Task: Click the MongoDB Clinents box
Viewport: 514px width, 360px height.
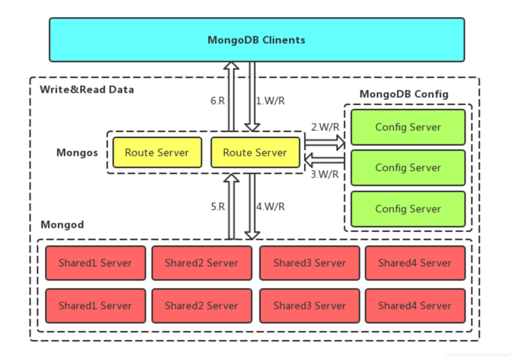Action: pos(256,40)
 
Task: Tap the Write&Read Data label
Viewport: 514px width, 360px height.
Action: pos(86,90)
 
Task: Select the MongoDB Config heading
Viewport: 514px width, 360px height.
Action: pos(404,94)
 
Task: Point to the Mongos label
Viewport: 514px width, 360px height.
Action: pos(77,153)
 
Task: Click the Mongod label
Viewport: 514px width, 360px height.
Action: pos(62,225)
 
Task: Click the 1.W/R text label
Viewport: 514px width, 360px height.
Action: pos(271,101)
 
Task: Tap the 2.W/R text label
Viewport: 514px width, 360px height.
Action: pos(325,127)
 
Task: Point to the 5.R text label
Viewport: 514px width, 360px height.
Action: pos(218,207)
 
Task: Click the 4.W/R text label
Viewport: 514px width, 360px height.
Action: pos(271,207)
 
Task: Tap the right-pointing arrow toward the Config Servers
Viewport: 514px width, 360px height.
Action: pos(324,142)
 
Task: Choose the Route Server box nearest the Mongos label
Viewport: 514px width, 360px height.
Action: pos(157,152)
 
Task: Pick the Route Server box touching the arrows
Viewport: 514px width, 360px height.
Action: pos(255,152)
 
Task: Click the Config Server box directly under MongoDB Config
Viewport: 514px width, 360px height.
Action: pos(408,127)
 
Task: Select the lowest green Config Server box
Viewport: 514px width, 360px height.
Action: pos(408,209)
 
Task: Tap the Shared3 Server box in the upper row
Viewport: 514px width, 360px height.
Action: pos(309,263)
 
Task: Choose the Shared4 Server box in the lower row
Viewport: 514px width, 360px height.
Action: pos(415,306)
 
